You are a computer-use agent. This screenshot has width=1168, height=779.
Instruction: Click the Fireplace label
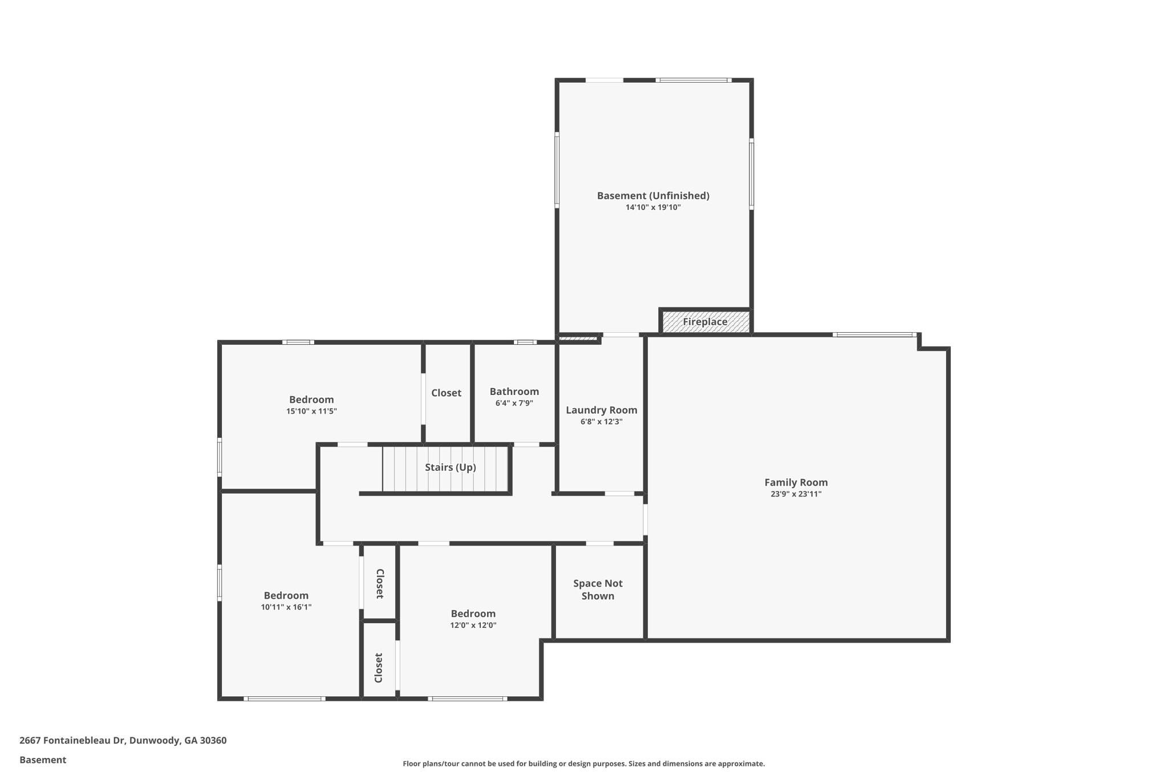tap(705, 322)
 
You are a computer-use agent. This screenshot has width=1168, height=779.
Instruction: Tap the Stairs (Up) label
tap(450, 467)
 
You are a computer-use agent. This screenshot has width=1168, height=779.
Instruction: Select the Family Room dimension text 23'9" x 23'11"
tap(796, 494)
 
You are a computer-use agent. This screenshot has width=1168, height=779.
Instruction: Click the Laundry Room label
tap(601, 410)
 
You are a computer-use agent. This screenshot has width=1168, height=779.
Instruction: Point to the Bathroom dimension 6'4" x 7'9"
tap(514, 403)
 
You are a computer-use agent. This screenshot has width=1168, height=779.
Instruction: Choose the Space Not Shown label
tap(598, 590)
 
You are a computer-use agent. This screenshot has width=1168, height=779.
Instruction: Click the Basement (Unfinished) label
tap(653, 196)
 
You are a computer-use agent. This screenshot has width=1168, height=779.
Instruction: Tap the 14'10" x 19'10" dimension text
tap(653, 207)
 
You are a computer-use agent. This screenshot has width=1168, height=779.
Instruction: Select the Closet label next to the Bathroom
tap(446, 393)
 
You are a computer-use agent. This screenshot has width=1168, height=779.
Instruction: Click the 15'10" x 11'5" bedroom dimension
tap(311, 411)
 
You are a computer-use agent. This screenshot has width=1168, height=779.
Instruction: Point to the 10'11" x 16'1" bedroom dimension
tap(286, 607)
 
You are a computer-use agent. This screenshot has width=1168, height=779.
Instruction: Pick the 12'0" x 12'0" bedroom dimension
tap(473, 625)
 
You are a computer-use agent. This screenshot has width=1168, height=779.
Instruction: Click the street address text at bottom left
tap(123, 741)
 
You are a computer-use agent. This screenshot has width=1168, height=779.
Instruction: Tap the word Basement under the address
tap(43, 760)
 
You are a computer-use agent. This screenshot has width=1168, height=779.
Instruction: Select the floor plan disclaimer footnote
tap(583, 764)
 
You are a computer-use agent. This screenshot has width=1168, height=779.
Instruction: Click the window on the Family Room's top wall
tap(874, 335)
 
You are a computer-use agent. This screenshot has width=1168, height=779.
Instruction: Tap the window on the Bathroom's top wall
tap(525, 342)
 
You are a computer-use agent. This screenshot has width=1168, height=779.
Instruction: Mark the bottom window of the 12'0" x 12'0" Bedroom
tap(468, 699)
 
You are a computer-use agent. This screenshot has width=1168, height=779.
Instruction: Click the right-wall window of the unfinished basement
tap(751, 174)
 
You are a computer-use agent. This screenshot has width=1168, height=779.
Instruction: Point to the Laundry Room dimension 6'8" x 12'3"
tap(601, 422)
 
